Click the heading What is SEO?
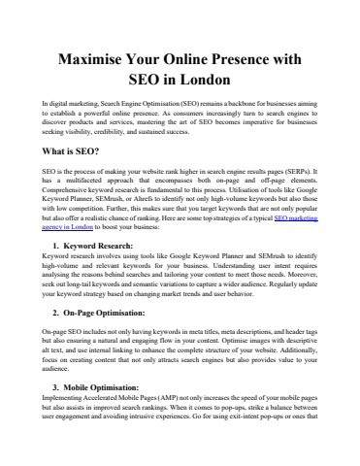80,153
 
